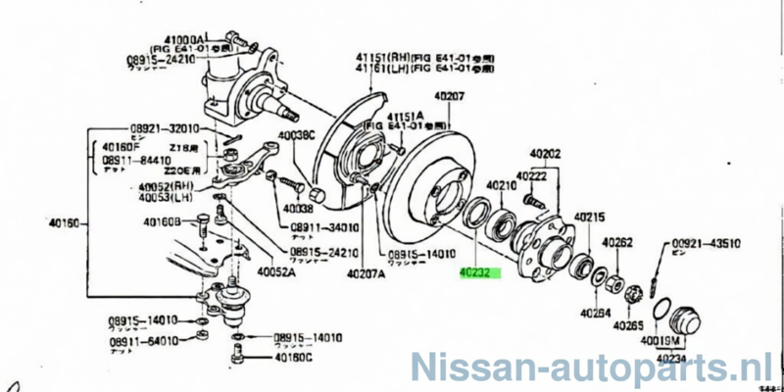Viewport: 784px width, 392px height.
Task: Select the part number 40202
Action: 545,153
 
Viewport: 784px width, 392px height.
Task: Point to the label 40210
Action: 500,185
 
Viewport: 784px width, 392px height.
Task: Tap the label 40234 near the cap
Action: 675,358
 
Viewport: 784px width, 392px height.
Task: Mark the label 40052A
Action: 276,272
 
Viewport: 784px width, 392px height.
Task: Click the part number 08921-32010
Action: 165,128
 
